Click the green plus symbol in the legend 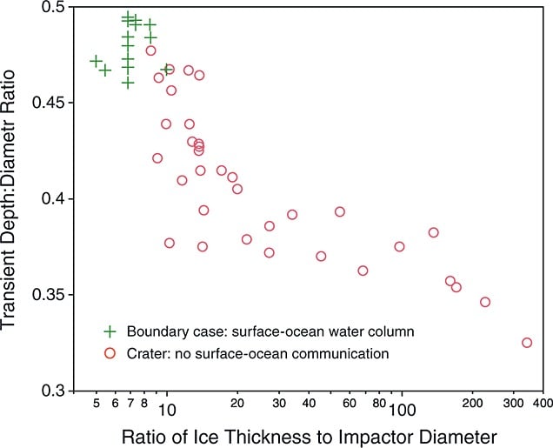pos(110,331)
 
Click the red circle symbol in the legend pos(110,353)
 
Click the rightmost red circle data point pos(527,343)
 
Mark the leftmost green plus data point pos(96,61)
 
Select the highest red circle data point pos(150,50)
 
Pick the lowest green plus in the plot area pos(128,84)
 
